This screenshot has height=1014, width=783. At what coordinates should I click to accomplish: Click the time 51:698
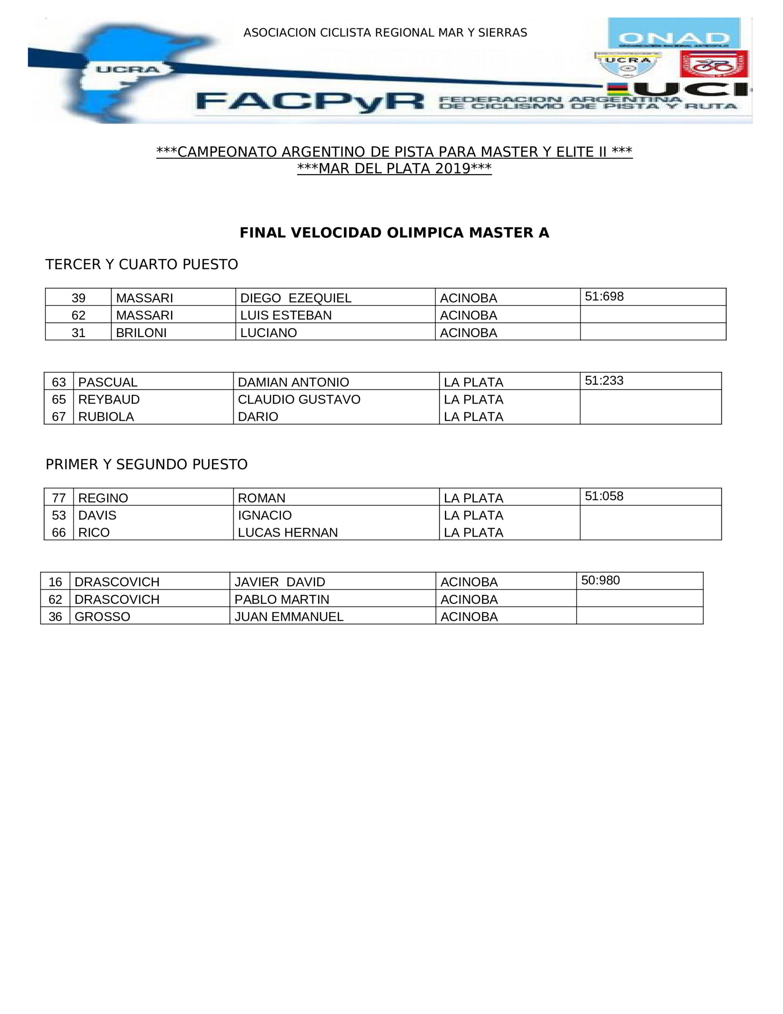604,296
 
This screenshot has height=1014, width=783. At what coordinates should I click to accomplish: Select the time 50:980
600,580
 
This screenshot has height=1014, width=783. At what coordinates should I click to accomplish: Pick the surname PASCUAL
108,382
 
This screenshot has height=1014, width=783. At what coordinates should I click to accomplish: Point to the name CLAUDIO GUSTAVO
299,399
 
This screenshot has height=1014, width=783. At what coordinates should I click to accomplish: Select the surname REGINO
103,498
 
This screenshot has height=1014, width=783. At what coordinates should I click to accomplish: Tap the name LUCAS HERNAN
288,532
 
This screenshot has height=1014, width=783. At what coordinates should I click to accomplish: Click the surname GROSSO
102,617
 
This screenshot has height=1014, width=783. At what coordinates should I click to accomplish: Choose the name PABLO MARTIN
282,599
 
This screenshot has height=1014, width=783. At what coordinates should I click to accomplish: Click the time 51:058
604,496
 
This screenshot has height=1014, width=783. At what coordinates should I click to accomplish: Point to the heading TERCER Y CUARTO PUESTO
142,264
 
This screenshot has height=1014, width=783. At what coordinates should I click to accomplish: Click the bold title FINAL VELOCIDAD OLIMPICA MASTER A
394,233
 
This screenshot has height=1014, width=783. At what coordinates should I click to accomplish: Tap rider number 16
55,582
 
